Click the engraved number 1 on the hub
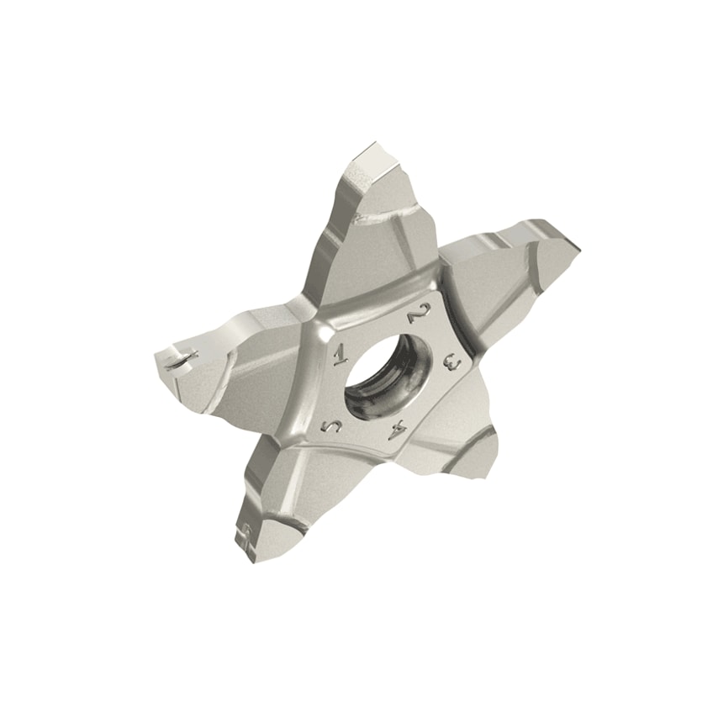coord(341,353)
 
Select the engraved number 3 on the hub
coord(451,362)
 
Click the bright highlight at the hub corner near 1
coord(323,328)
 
